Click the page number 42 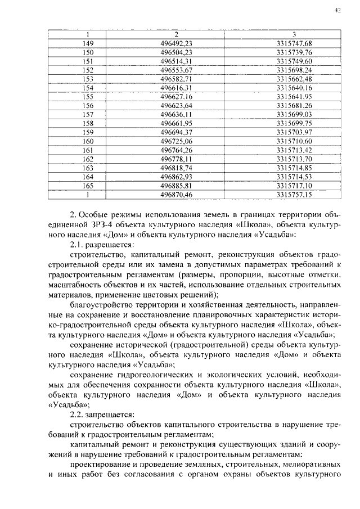point(337,10)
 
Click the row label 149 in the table point(88,44)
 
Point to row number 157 point(88,114)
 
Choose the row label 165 point(88,185)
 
